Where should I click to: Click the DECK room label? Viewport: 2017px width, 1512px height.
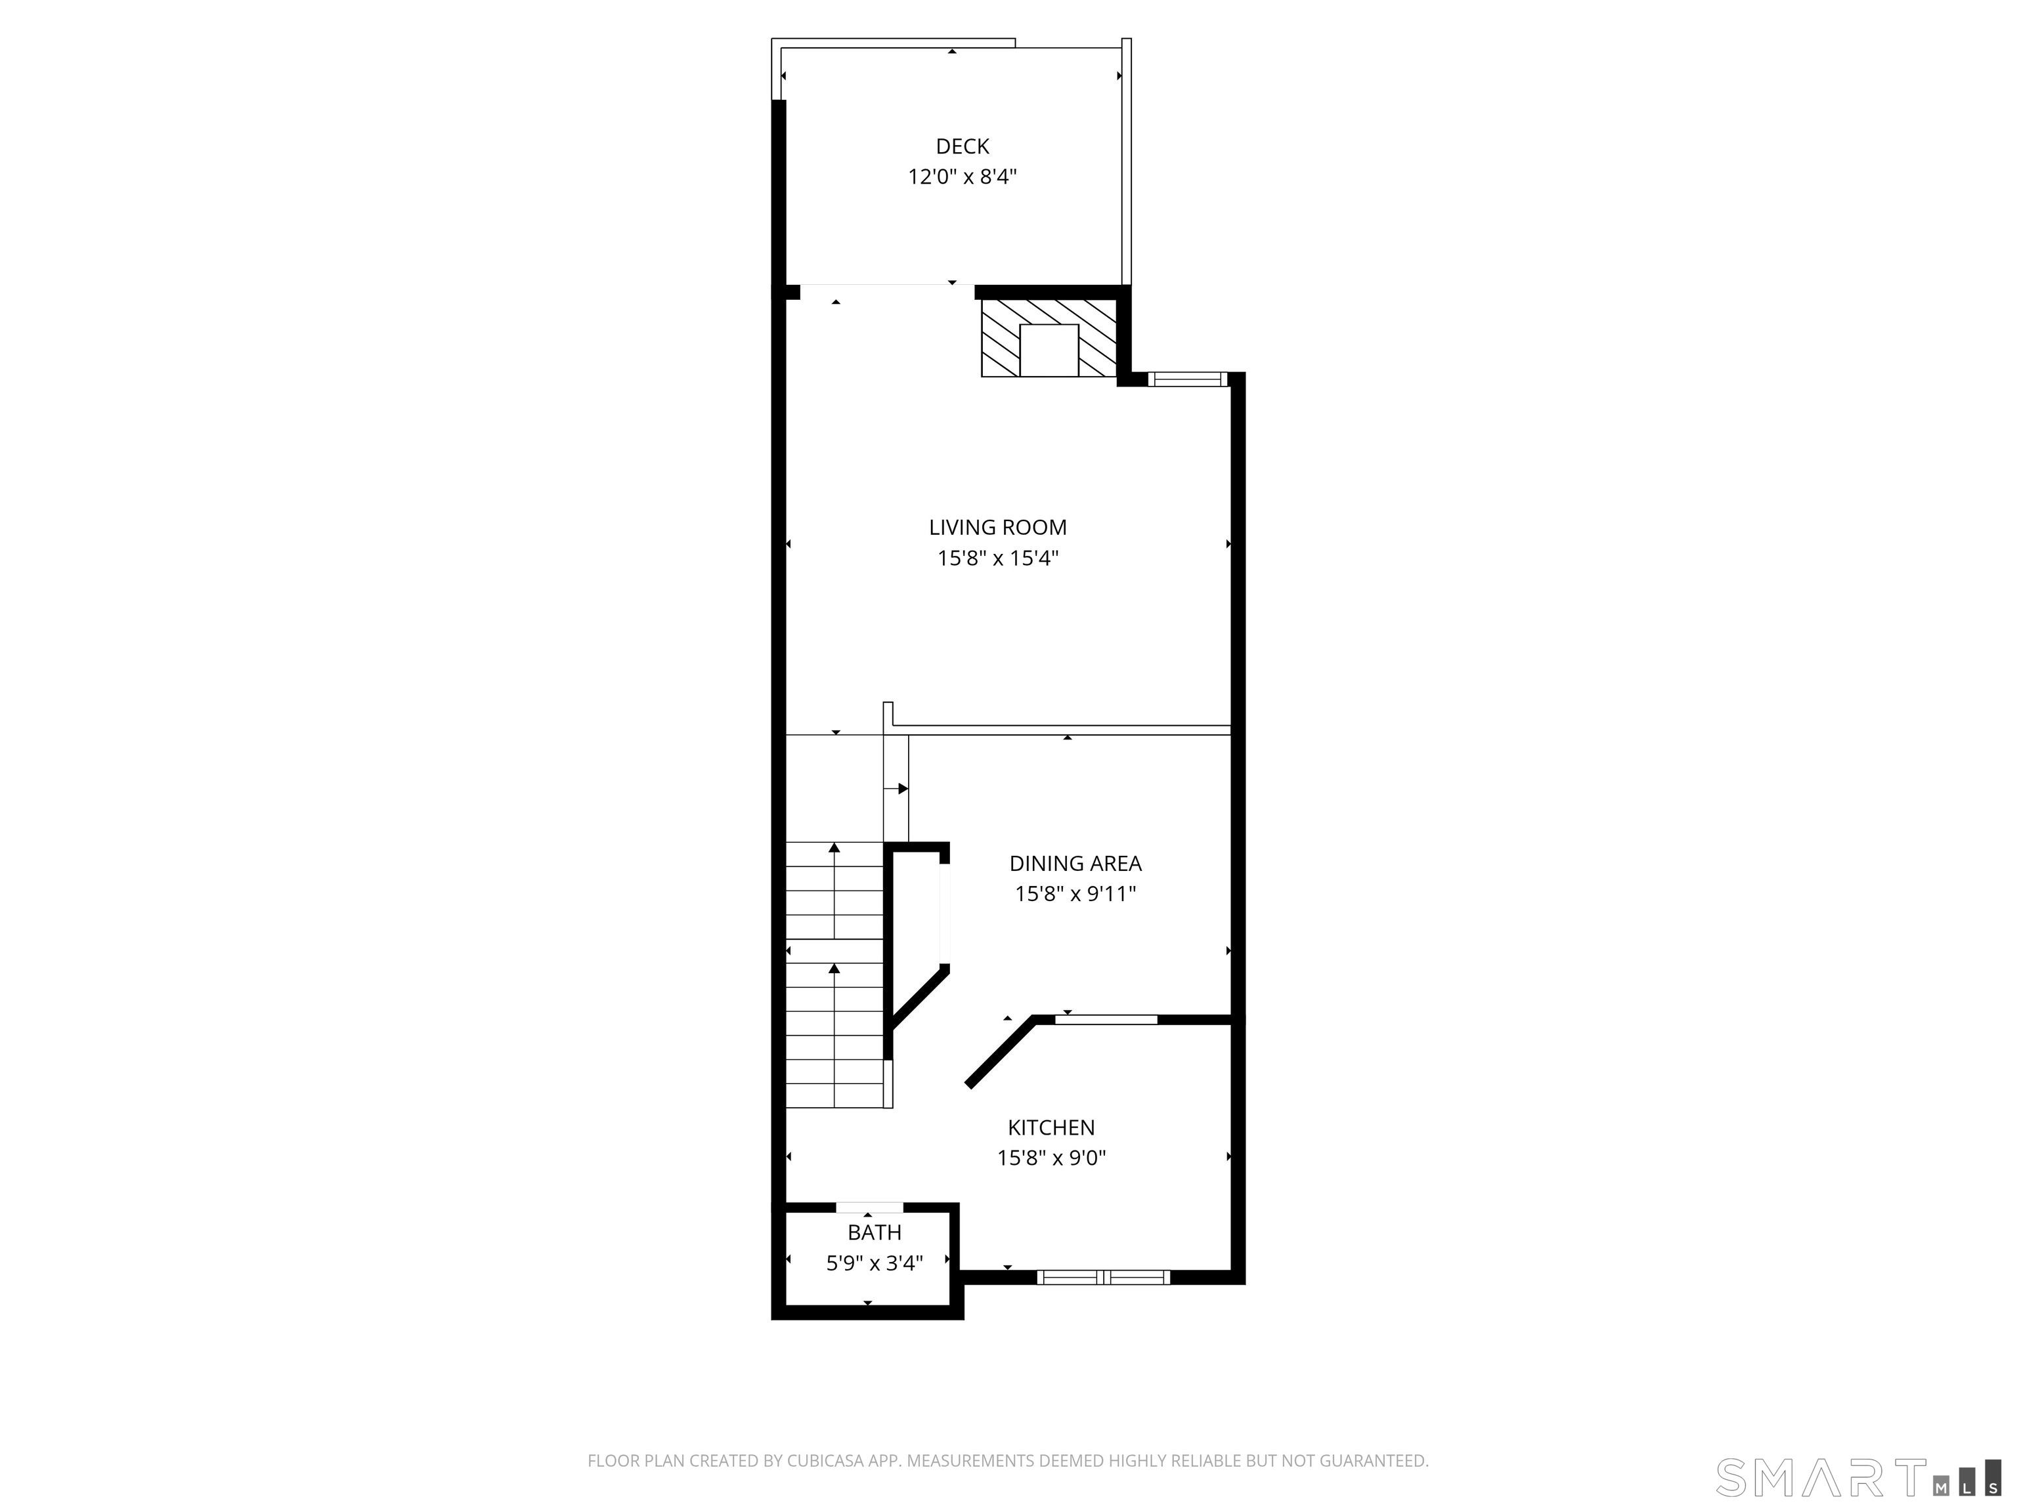[x=962, y=146]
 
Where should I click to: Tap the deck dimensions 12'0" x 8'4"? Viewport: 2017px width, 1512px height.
[x=962, y=177]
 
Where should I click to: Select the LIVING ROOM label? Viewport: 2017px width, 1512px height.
[x=997, y=527]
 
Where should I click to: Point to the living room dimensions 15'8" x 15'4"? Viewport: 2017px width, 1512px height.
[x=997, y=558]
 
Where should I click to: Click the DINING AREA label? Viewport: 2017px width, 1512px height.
[x=1075, y=863]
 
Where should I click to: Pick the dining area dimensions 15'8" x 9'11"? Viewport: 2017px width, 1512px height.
[x=1075, y=894]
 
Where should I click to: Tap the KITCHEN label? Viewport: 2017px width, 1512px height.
[x=1051, y=1127]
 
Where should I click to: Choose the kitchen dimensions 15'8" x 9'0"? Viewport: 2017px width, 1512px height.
[x=1051, y=1158]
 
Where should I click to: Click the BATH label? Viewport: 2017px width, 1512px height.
[x=875, y=1232]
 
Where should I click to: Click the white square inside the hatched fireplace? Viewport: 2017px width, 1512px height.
[x=1049, y=350]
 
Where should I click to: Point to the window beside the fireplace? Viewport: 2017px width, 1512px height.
[x=1186, y=379]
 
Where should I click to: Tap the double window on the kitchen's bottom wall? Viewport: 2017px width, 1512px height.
[x=1103, y=1278]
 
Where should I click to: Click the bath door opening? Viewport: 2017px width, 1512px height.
[x=870, y=1207]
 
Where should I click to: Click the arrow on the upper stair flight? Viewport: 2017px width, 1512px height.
[x=835, y=891]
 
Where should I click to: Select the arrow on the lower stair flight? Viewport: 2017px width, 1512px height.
[x=835, y=1034]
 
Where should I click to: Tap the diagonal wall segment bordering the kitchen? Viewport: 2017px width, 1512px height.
[x=1001, y=1052]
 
